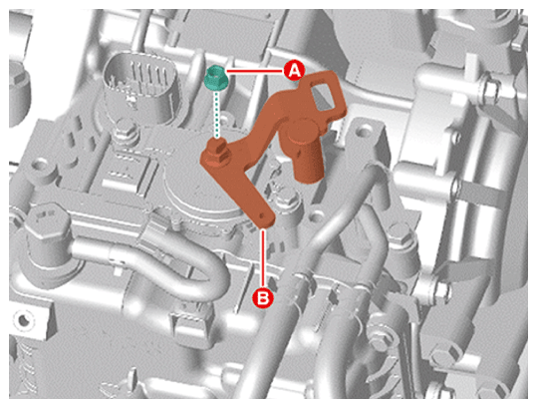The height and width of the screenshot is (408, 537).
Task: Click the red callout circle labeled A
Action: tap(294, 71)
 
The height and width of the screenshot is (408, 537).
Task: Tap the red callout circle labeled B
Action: tap(263, 297)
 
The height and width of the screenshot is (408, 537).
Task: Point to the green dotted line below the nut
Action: tap(216, 115)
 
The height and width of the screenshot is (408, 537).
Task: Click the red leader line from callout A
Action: tap(254, 71)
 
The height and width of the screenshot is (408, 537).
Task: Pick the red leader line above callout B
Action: tap(263, 257)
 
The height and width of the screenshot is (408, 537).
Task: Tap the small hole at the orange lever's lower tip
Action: tap(262, 216)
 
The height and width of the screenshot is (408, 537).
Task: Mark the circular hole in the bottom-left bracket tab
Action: tap(24, 320)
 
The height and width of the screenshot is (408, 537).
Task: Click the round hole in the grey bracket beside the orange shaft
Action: tap(363, 131)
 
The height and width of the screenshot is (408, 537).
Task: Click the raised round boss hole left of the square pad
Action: tap(41, 167)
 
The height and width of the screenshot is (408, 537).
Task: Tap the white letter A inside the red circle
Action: tap(294, 71)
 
